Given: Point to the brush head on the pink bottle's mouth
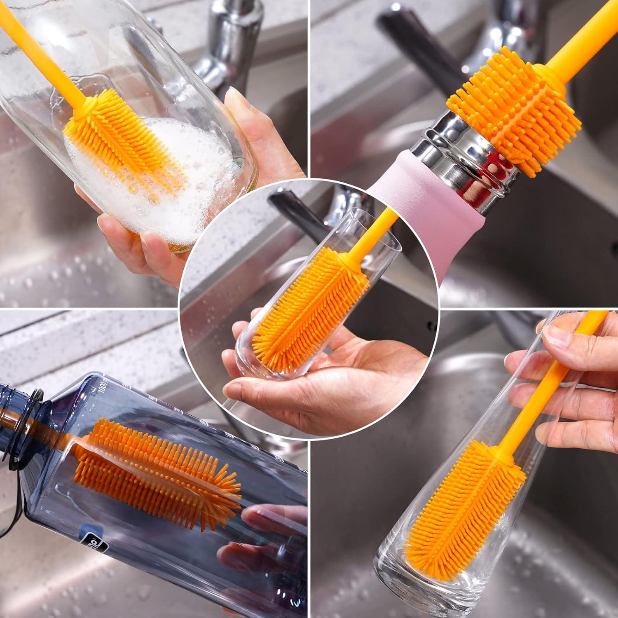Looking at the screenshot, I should coord(515,111).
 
